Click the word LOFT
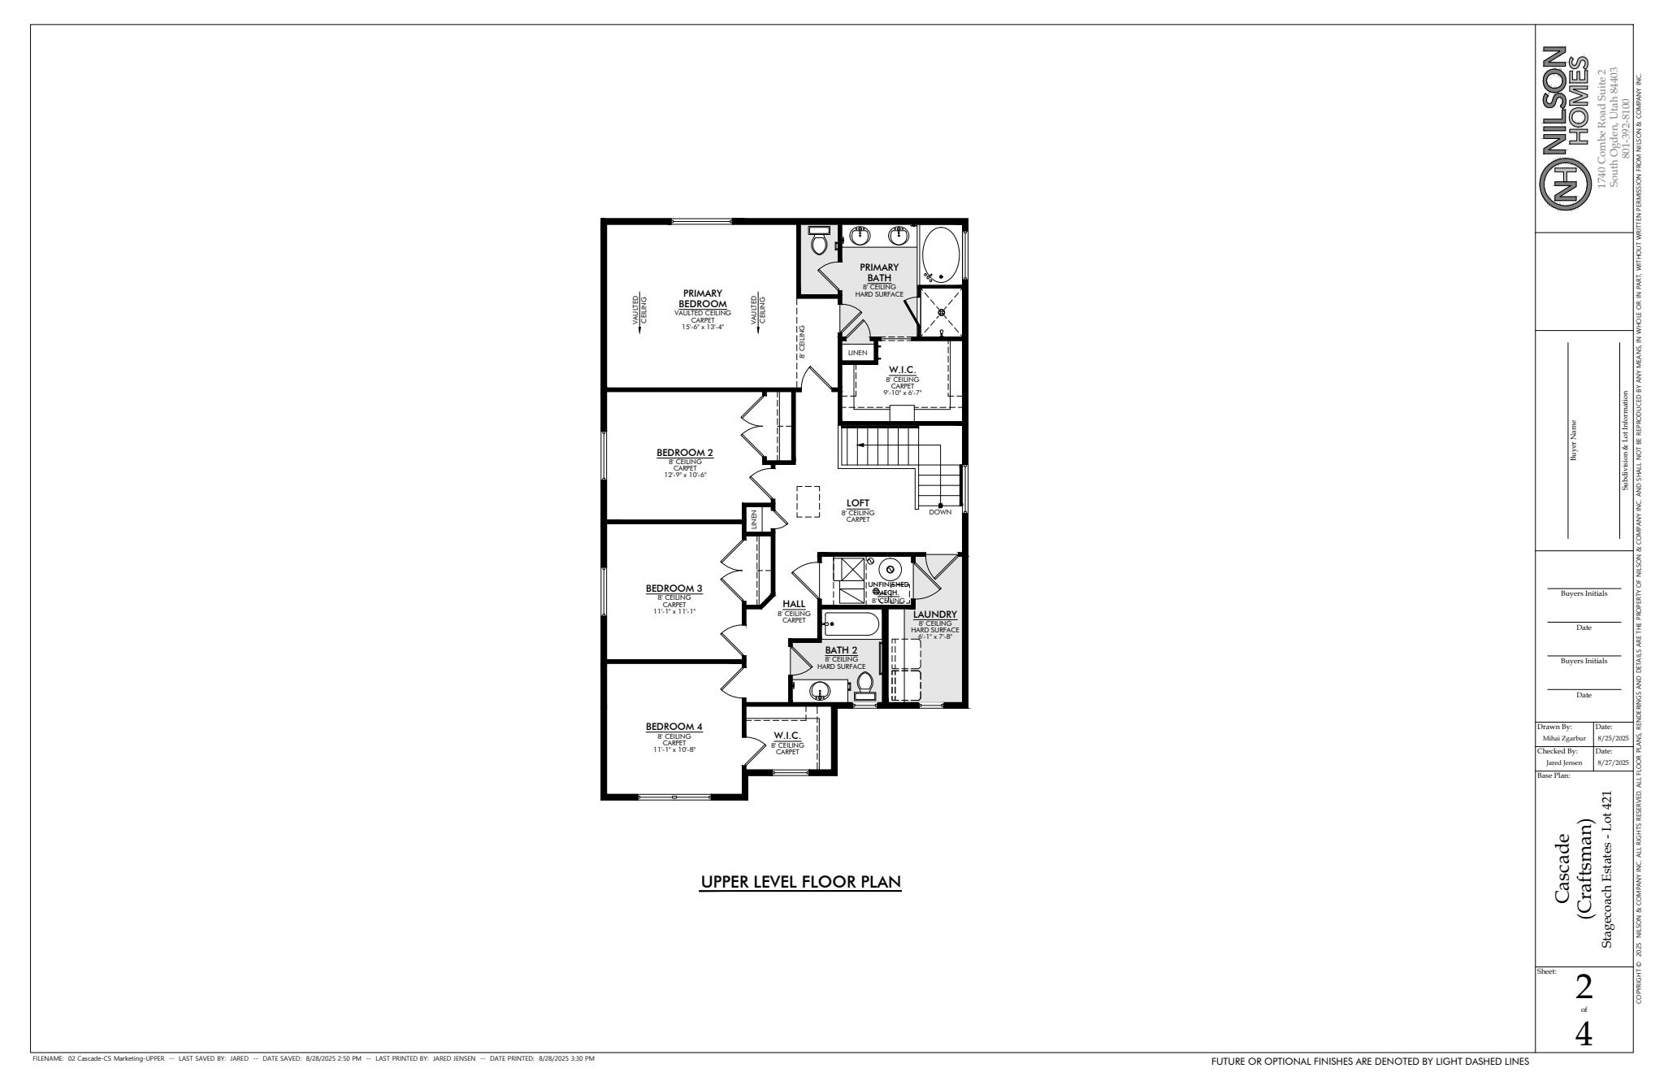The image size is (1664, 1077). point(858,503)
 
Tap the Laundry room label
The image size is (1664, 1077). point(935,614)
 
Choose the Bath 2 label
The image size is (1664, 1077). point(841,650)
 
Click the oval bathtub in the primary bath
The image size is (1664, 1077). point(941,254)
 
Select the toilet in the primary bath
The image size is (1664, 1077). point(818,241)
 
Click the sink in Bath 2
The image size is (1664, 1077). point(820,691)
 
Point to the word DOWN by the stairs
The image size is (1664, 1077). point(940,512)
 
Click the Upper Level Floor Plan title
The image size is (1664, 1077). point(800,882)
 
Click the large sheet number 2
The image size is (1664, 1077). point(1584,988)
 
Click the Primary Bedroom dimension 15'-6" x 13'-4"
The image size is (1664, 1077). point(703,327)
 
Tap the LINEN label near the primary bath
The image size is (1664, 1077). point(857,353)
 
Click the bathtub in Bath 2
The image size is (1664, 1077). point(851,624)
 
